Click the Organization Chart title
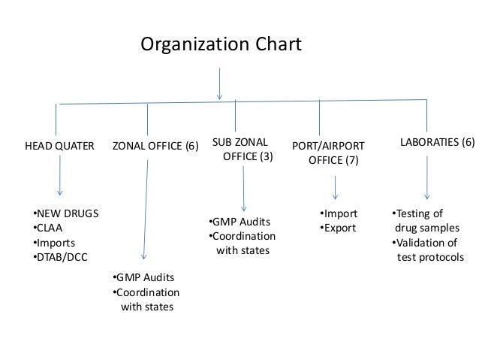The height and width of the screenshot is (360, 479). click(x=221, y=45)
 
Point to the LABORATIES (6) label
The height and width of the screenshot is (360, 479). click(x=437, y=141)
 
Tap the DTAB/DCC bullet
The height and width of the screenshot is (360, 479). click(x=61, y=258)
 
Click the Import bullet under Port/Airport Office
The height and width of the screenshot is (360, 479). click(x=339, y=213)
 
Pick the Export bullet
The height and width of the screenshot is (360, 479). click(x=338, y=228)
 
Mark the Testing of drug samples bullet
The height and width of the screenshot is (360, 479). click(x=419, y=220)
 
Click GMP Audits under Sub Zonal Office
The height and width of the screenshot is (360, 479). click(x=239, y=222)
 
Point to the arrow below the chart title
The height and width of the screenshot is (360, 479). click(x=219, y=83)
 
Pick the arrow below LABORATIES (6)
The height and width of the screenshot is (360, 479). click(x=427, y=177)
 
